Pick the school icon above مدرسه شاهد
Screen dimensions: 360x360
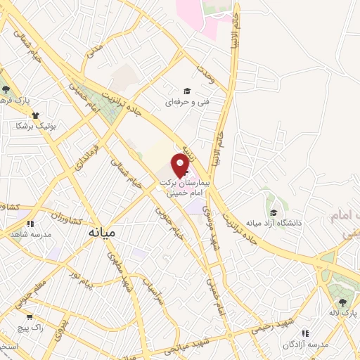point(31,224)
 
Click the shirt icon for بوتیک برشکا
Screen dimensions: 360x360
point(34,114)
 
